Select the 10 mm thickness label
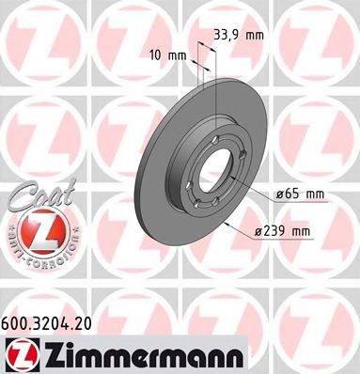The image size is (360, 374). click(x=170, y=55)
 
